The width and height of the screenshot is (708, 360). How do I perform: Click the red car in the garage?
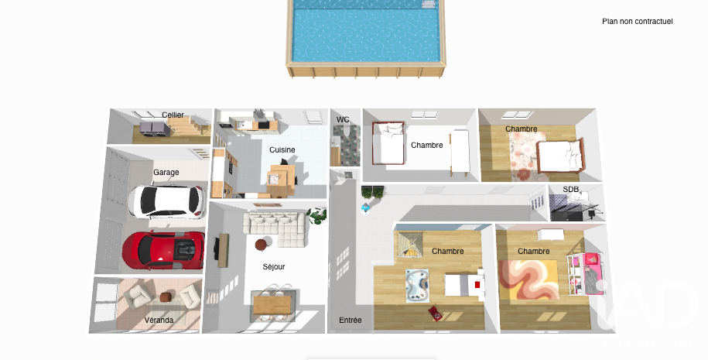click(x=163, y=249)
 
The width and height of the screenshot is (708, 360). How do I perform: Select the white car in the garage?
click(x=166, y=201)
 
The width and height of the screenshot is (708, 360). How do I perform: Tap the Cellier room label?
click(x=173, y=115)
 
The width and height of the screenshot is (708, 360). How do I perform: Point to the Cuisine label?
click(x=282, y=149)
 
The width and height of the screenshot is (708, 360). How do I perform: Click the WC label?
click(x=343, y=120)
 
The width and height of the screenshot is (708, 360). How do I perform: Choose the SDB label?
click(x=571, y=189)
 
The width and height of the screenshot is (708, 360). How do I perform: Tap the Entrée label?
click(x=351, y=320)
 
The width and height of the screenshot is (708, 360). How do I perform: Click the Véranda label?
click(x=159, y=320)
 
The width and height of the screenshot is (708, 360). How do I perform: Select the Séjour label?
click(x=274, y=266)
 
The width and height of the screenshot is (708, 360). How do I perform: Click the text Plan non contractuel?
click(x=638, y=21)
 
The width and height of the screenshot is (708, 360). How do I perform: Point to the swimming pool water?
click(x=365, y=32)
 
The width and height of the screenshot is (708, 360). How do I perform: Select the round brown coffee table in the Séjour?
click(x=262, y=245)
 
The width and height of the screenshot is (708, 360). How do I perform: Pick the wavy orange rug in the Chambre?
click(x=528, y=279)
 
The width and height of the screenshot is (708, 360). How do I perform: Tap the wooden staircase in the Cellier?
click(x=187, y=125)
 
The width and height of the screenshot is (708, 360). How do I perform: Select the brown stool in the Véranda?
click(x=166, y=297)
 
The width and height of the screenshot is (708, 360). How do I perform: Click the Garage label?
click(x=166, y=172)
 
